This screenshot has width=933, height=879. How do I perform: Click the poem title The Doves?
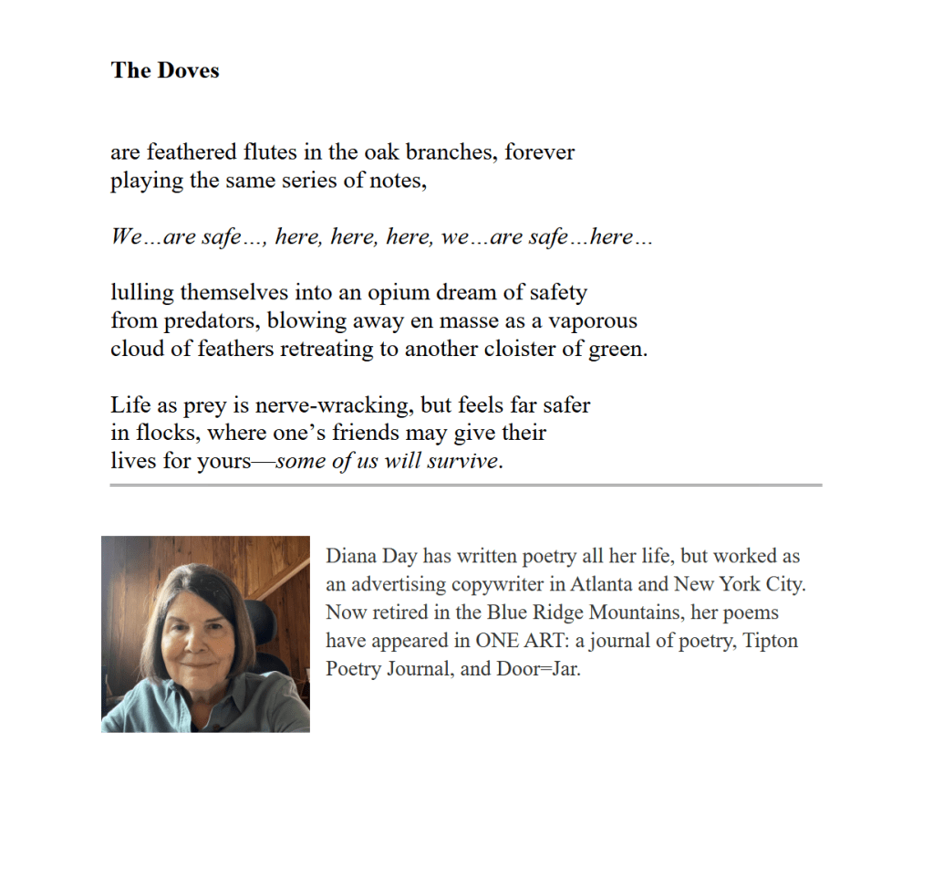click(165, 70)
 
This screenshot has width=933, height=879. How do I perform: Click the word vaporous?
click(593, 321)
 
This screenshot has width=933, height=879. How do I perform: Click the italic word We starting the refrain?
click(126, 237)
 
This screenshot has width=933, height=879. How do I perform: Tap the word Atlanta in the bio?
click(606, 584)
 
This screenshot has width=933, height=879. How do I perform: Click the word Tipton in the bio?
click(771, 641)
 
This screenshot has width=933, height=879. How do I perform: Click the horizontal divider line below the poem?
click(465, 485)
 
